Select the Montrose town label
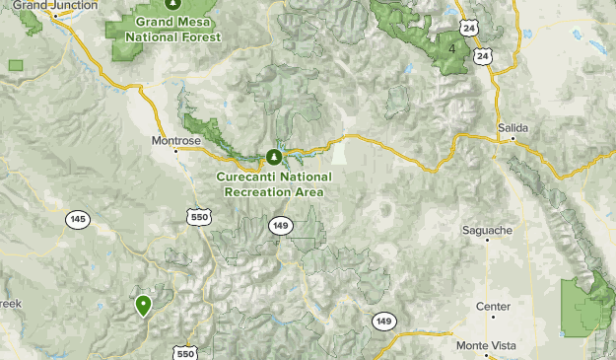coord(176,140)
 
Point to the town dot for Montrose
coord(177,151)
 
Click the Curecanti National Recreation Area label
coord(275,183)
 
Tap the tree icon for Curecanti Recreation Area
coord(275,157)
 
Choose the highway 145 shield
coord(78,218)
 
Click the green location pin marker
coord(144,306)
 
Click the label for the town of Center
coord(493,307)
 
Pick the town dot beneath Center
coord(493,317)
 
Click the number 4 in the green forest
coord(452,48)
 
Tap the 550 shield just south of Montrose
coord(199,216)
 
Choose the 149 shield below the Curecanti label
coord(282,226)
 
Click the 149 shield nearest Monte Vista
coord(384,322)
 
